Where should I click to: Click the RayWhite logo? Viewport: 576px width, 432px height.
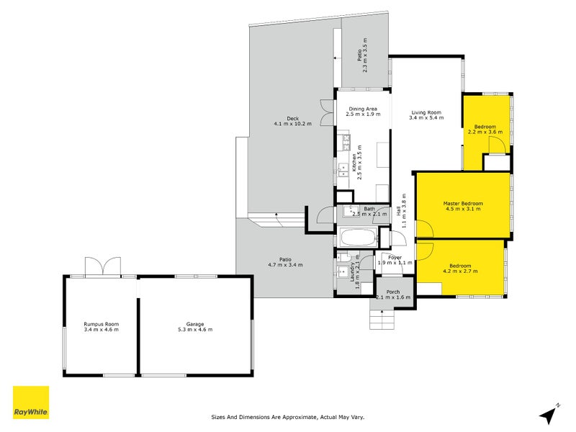(31, 402)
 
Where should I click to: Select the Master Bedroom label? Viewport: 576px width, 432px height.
(462, 207)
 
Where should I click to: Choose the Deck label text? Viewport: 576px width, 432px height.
(292, 121)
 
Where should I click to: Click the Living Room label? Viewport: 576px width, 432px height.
(426, 115)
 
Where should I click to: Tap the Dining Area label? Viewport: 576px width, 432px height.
(362, 112)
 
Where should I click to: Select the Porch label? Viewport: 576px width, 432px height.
(395, 294)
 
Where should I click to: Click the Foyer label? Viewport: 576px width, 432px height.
(395, 260)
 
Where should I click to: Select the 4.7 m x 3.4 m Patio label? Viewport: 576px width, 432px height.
(286, 262)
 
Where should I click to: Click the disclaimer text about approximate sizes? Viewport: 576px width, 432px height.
(287, 416)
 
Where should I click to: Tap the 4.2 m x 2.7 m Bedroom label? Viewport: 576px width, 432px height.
(461, 268)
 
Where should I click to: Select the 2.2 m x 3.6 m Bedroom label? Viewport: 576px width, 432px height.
(485, 130)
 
